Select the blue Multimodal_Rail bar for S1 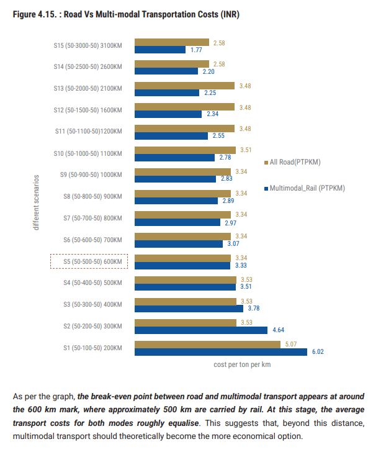[x=220, y=352]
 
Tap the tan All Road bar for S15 [x=171, y=42]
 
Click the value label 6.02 [x=318, y=352]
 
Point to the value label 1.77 [x=197, y=50]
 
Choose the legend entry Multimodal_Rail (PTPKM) [x=307, y=188]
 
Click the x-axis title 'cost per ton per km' [x=238, y=365]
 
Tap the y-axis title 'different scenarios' [x=36, y=202]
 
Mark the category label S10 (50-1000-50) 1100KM [x=88, y=153]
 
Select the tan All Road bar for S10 [x=184, y=150]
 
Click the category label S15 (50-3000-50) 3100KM [x=88, y=45]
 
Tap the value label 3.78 [x=254, y=309]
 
